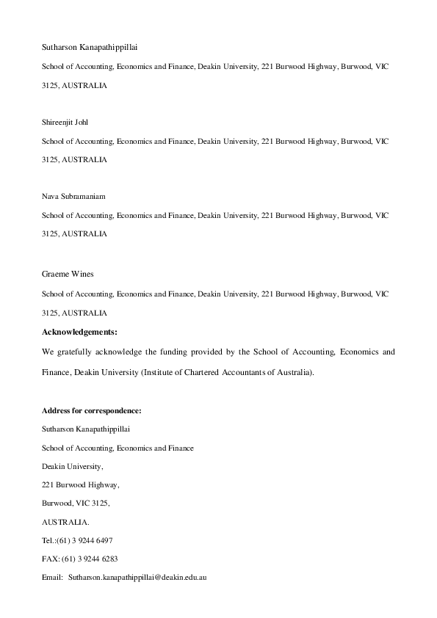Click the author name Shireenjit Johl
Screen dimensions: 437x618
(65, 122)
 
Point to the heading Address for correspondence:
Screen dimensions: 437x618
(91, 410)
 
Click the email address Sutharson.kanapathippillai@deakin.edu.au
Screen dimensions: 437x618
(138, 578)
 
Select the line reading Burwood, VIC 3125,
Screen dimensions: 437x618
(76, 503)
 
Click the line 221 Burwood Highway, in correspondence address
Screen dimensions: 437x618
(80, 484)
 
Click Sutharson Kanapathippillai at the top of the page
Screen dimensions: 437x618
(90, 48)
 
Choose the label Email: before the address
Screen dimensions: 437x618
(52, 578)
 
